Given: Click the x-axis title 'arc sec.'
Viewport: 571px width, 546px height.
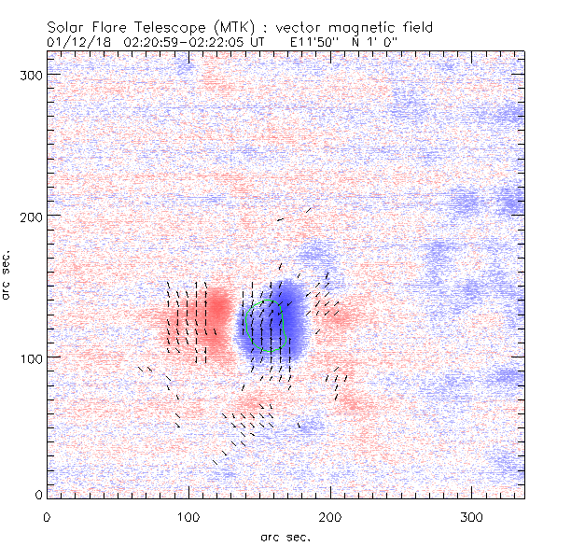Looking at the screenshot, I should click(x=285, y=536).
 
